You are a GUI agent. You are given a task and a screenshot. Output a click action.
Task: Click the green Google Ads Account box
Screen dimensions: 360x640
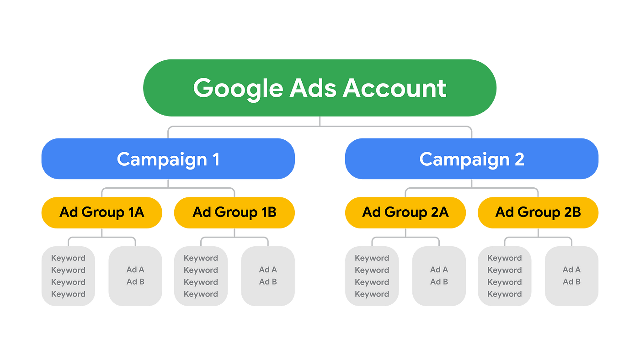pyautogui.click(x=320, y=88)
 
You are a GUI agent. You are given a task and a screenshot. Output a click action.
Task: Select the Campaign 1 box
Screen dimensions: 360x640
pyautogui.click(x=168, y=159)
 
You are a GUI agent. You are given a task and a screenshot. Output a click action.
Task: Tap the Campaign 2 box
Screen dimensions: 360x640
pyautogui.click(x=472, y=159)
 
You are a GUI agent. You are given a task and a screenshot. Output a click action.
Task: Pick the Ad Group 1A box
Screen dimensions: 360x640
pyautogui.click(x=101, y=212)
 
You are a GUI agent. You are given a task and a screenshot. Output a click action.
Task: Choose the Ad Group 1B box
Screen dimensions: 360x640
pyautogui.click(x=235, y=212)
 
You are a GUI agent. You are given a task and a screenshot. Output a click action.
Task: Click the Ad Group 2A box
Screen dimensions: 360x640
pyautogui.click(x=405, y=212)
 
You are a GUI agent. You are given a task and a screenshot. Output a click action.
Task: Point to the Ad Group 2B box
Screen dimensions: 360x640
pyautogui.click(x=538, y=212)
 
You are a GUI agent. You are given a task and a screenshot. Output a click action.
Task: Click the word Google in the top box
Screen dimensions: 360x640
pyautogui.click(x=237, y=88)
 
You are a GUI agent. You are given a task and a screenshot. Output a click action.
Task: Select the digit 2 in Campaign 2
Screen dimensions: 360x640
pyautogui.click(x=519, y=159)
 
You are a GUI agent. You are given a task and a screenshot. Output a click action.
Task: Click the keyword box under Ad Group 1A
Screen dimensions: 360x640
pyautogui.click(x=68, y=276)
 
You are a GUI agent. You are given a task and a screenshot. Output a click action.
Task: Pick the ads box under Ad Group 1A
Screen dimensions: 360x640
pyautogui.click(x=135, y=276)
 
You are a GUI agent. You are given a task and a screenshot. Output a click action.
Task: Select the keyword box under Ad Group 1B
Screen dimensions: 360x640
pyautogui.click(x=201, y=276)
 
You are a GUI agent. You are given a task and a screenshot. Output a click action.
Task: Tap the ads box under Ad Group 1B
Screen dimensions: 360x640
pyautogui.click(x=268, y=276)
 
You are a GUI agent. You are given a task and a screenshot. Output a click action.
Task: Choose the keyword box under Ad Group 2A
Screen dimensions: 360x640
pyautogui.click(x=372, y=276)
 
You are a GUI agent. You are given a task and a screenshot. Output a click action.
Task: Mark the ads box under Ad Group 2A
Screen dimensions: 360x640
pyautogui.click(x=439, y=276)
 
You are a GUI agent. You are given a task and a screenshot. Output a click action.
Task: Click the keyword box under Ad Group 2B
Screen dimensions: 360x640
pyautogui.click(x=504, y=276)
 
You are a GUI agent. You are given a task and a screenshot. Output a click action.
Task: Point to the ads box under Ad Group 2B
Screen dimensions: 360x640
pyautogui.click(x=571, y=276)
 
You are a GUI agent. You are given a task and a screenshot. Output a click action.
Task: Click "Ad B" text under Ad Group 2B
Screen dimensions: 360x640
pyautogui.click(x=571, y=282)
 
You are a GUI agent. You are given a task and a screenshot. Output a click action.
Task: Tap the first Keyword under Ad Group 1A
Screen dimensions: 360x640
pyautogui.click(x=68, y=258)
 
